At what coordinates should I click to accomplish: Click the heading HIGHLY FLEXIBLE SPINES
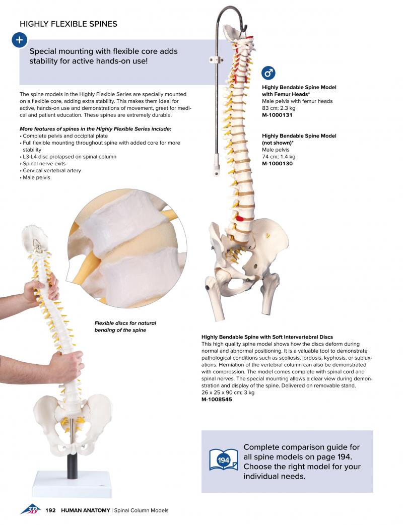tap(69, 24)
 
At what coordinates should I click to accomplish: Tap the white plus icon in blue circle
tap(20, 40)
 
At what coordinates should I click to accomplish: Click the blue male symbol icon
tap(268, 73)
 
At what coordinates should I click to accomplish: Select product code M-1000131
tap(277, 115)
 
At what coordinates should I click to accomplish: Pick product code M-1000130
tap(277, 163)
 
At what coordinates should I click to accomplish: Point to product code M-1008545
tap(217, 399)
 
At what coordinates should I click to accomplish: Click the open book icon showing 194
tap(223, 460)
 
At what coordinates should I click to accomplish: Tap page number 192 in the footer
tap(50, 510)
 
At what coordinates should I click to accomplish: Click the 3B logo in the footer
tap(30, 509)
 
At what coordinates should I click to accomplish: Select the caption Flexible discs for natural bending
tap(125, 326)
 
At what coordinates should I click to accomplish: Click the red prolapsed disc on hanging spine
tap(241, 219)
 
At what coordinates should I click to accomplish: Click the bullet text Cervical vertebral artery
tap(52, 170)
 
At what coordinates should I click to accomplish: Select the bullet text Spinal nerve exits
tap(44, 163)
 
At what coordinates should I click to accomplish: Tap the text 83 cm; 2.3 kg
tap(279, 108)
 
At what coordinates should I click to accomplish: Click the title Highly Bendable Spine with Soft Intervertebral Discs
tap(267, 337)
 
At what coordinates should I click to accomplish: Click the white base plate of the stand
tap(72, 484)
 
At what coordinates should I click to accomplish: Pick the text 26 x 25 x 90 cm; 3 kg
tap(228, 392)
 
